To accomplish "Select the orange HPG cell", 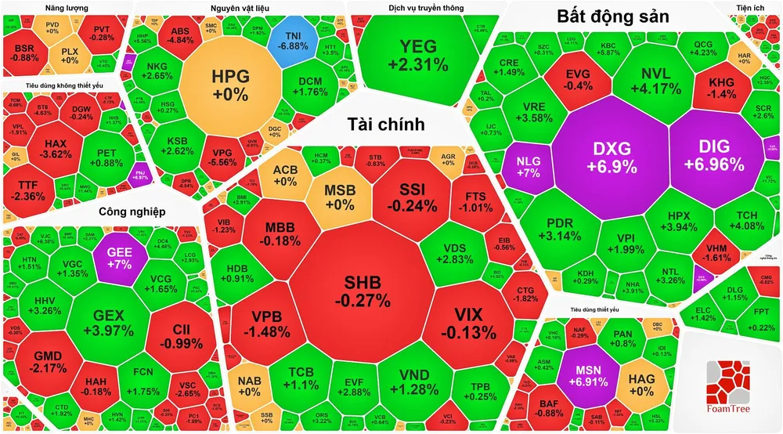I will click(x=229, y=85).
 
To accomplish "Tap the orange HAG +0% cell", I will click(x=641, y=384).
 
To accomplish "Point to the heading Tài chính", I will click(x=387, y=124).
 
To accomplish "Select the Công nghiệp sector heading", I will click(x=133, y=212).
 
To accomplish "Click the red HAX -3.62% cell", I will click(x=57, y=150).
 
